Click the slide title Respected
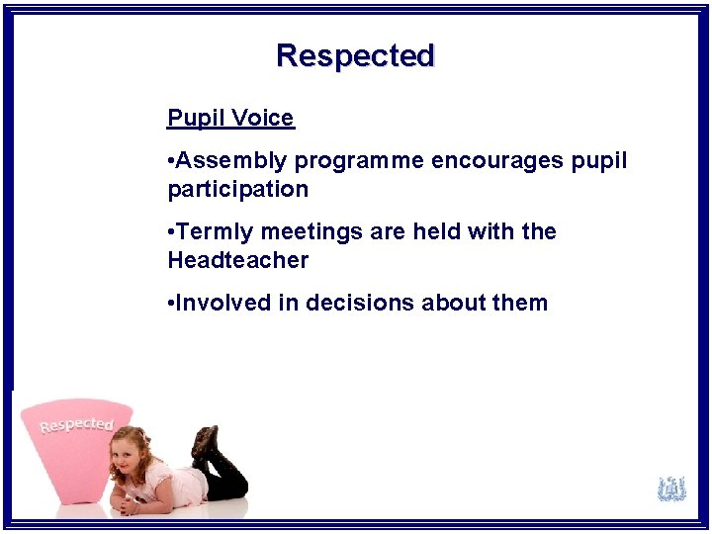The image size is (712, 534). pyautogui.click(x=355, y=55)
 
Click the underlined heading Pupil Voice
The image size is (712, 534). pyautogui.click(x=230, y=119)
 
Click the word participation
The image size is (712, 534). pyautogui.click(x=237, y=189)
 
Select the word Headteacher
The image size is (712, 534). pyautogui.click(x=237, y=260)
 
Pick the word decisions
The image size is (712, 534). pyautogui.click(x=360, y=303)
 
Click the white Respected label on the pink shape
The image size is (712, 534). pyautogui.click(x=76, y=425)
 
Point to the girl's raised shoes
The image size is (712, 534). pyautogui.click(x=206, y=442)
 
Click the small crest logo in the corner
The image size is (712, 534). pyautogui.click(x=672, y=489)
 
